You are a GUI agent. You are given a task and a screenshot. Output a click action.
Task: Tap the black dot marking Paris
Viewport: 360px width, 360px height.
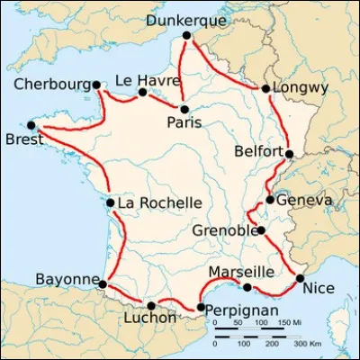coord(184,109)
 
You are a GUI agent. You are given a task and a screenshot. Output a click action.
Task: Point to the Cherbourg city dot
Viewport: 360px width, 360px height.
coord(95,85)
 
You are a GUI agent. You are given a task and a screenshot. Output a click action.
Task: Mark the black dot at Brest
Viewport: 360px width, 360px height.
coord(31,125)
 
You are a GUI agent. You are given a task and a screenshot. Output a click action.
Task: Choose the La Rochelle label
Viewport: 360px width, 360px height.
coord(159,203)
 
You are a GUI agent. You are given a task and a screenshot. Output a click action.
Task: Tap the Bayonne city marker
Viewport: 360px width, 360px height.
coord(102,284)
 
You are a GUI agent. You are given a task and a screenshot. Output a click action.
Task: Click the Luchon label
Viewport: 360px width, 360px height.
coord(152,319)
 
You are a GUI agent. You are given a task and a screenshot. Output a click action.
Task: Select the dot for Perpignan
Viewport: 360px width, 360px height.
coord(200,309)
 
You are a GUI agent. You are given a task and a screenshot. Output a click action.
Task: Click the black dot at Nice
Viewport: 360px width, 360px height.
coord(300,278)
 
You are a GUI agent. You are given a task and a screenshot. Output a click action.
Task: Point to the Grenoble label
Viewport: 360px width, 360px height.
coord(223,230)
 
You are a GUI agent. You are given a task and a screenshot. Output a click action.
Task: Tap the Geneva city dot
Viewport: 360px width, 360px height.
coord(270,200)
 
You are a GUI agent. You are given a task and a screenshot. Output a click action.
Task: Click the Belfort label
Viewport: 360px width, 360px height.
coord(256,151)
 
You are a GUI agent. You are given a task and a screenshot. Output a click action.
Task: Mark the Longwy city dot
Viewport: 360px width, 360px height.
coord(265,88)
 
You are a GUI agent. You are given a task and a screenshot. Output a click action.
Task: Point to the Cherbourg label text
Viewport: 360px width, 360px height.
coord(51,85)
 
